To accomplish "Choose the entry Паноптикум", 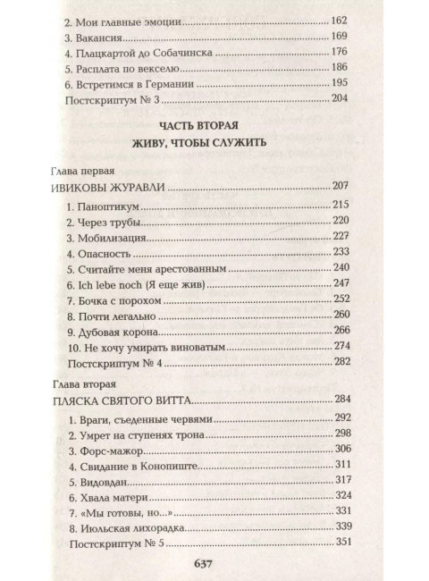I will [99, 207].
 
